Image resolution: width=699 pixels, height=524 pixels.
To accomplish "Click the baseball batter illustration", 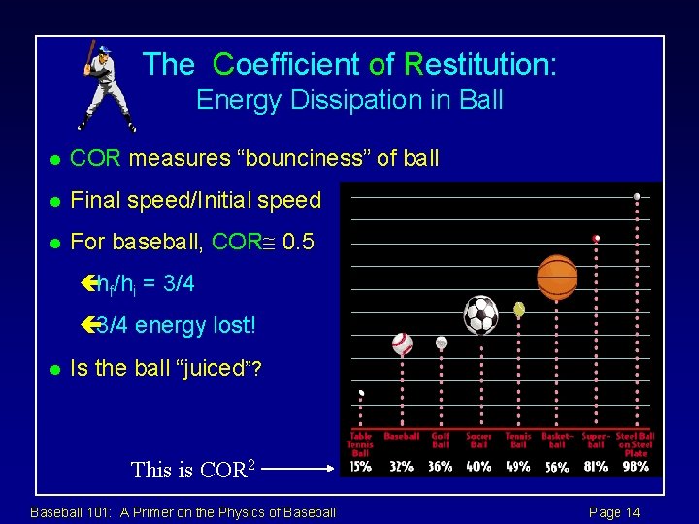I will click(105, 85).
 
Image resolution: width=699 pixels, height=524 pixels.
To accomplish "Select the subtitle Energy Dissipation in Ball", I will click(349, 100).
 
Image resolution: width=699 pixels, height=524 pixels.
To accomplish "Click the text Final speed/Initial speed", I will click(196, 201).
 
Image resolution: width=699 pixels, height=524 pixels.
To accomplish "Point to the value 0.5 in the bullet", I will click(298, 242).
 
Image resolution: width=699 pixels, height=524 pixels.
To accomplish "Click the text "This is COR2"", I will click(193, 471).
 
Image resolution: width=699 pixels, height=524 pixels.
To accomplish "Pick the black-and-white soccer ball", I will click(481, 314).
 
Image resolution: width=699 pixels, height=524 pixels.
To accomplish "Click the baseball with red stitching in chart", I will click(402, 344).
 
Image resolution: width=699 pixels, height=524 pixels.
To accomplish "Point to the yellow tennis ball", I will click(519, 310).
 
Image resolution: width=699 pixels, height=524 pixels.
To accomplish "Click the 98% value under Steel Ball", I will click(636, 467).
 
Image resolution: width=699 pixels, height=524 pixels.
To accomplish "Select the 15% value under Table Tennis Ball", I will click(360, 467).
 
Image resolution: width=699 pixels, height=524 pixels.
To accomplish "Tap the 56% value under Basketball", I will click(557, 467).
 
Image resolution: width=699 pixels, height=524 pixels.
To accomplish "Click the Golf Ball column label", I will click(441, 441).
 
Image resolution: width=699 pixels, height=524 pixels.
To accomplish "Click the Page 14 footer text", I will click(616, 512).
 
